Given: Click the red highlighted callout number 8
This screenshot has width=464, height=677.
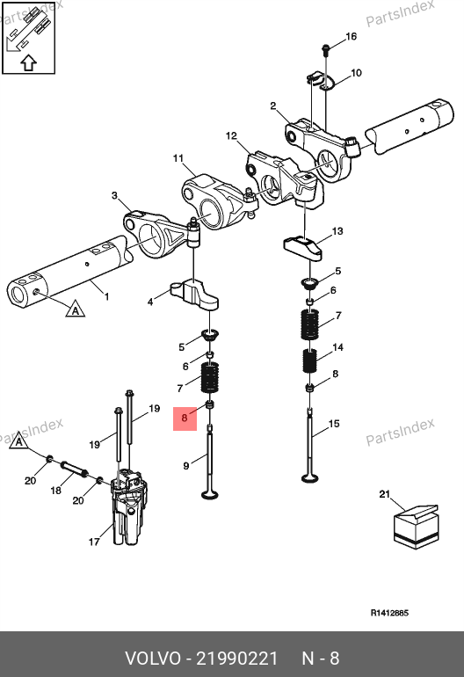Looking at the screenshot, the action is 185,418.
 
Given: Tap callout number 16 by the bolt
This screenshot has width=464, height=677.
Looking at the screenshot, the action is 352,36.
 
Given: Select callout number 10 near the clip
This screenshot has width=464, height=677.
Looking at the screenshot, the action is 356,73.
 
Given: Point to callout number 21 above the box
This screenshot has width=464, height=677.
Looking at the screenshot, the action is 385,494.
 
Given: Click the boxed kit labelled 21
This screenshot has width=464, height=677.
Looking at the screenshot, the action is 416,527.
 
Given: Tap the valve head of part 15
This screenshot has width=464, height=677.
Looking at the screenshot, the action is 310,477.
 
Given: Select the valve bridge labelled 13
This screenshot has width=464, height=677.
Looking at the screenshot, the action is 303,248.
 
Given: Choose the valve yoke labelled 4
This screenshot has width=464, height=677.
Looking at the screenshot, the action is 195,294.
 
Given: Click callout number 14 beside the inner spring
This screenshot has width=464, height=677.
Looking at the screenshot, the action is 338,347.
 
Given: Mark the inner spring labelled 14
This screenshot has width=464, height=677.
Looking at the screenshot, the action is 309,360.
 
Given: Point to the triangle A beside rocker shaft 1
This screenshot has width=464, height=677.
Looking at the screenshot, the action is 75,309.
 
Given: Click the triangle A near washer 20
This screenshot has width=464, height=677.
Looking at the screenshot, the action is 18,441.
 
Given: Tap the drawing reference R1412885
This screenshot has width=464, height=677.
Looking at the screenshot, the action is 389,613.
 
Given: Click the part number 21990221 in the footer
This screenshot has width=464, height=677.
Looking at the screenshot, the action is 237,659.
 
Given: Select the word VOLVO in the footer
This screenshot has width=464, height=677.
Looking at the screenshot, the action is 153,659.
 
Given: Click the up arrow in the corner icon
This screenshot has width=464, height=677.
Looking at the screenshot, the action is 28,63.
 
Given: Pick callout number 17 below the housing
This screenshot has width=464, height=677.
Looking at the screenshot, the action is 94,542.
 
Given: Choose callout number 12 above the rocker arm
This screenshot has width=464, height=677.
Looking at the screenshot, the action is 231,136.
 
